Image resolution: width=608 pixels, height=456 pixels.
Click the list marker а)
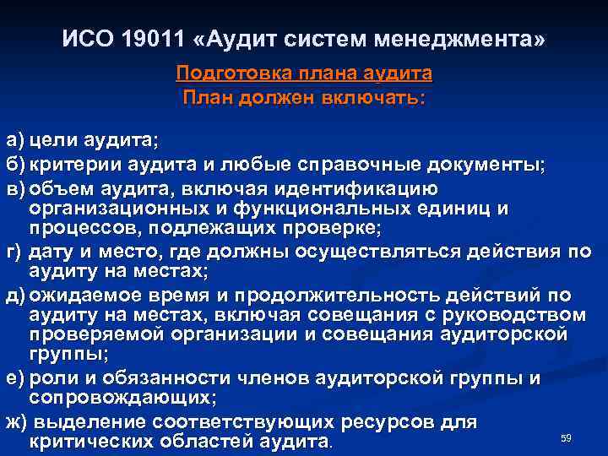tap(16, 139)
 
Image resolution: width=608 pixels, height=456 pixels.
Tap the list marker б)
tap(16, 162)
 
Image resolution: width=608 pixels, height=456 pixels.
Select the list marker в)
tap(16, 186)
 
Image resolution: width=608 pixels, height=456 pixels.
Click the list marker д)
tap(16, 295)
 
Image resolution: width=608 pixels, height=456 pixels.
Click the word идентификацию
tap(389, 186)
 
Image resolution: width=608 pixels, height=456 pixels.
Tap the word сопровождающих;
tap(123, 398)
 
